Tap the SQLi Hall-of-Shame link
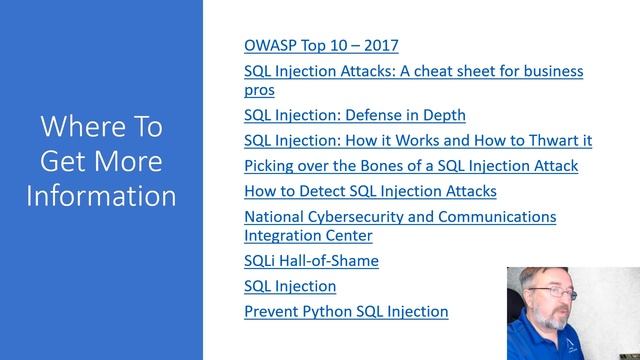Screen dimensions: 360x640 [311, 261]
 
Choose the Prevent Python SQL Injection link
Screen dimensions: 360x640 [346, 311]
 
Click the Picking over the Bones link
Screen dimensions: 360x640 [410, 165]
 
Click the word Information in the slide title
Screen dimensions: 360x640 [101, 194]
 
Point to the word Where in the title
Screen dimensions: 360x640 [78, 127]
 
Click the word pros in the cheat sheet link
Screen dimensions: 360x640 [259, 89]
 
